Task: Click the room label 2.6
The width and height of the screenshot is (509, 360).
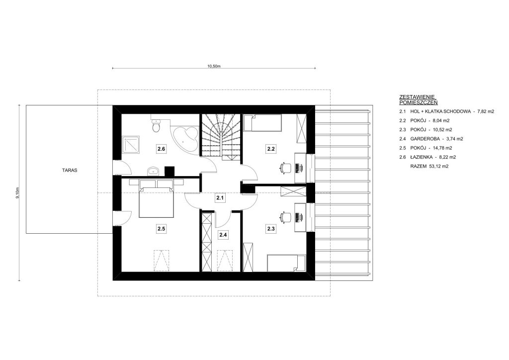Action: (x=162, y=149)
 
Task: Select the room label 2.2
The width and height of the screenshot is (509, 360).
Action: (x=271, y=149)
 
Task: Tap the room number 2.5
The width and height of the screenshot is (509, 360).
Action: (x=162, y=229)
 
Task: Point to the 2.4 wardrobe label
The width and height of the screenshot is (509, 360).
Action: (x=223, y=234)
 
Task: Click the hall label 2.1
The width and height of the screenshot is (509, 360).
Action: (x=220, y=198)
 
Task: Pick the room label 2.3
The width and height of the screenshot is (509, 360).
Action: (x=271, y=229)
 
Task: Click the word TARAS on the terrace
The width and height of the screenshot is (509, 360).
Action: (x=70, y=170)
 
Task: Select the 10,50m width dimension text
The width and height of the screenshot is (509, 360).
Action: (x=214, y=66)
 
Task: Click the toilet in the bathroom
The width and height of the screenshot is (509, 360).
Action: (x=156, y=126)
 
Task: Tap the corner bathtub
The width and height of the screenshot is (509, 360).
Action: (x=185, y=138)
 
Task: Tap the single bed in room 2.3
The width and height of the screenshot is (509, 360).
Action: (x=286, y=263)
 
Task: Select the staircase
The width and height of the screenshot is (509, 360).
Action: (x=221, y=137)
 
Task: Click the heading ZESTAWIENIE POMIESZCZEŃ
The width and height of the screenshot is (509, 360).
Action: (x=418, y=99)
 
